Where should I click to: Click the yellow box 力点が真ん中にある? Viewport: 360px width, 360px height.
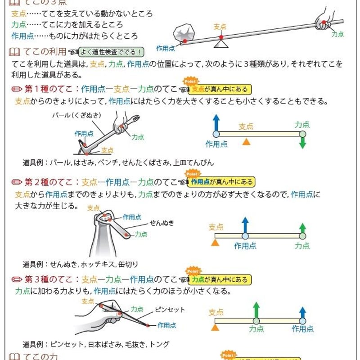[x=220, y=279]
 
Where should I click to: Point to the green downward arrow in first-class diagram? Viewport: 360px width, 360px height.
[x=302, y=143]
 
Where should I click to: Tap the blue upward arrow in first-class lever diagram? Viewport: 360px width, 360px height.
[x=216, y=122]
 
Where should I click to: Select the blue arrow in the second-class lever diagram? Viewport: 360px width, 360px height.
[x=245, y=224]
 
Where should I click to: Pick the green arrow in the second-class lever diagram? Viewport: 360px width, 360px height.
[x=302, y=228]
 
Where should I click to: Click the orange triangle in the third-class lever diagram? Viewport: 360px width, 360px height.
[x=215, y=328]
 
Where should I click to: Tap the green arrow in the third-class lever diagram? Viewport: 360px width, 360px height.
[x=256, y=310]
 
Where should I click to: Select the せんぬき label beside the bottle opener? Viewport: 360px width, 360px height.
[x=162, y=223]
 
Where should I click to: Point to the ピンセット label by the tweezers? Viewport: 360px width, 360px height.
[x=170, y=310]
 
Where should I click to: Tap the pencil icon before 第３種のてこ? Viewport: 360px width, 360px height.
[x=17, y=279]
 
